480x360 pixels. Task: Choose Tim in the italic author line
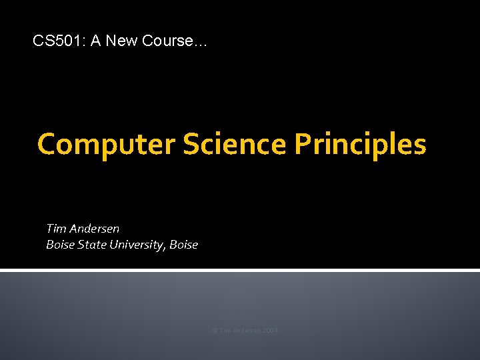[x=56, y=229]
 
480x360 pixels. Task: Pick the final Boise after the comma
[x=184, y=245]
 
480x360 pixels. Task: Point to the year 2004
[x=271, y=331]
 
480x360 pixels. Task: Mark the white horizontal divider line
[x=240, y=270]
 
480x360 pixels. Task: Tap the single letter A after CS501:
[x=95, y=41]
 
